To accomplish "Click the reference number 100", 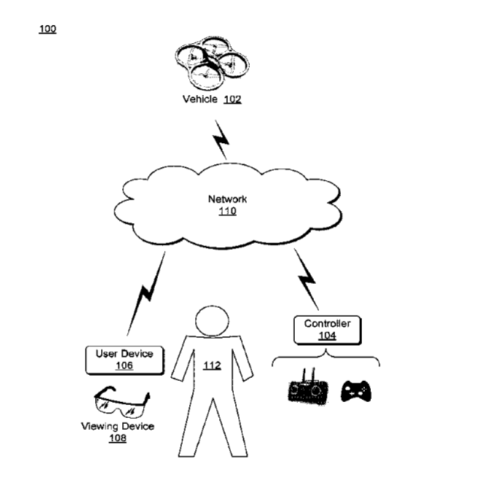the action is (47, 29).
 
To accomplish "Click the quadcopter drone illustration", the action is (212, 63).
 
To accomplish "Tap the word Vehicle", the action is (200, 99).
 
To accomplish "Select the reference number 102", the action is (233, 99).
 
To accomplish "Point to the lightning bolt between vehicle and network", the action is (221, 140).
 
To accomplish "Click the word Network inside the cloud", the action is (227, 199).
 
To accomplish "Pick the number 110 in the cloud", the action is (227, 211).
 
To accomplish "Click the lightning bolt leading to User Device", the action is (146, 294).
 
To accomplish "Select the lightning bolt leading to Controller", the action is (306, 279).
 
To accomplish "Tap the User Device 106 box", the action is (124, 360).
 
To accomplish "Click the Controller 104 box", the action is (327, 330).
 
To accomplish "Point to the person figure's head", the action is (212, 321).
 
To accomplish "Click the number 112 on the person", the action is (212, 365).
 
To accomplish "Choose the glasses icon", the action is (122, 402).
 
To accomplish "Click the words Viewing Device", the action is (117, 426).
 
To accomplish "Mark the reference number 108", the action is (117, 438).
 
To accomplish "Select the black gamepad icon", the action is (356, 391).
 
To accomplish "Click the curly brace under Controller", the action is (326, 357).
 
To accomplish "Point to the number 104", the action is (327, 336).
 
